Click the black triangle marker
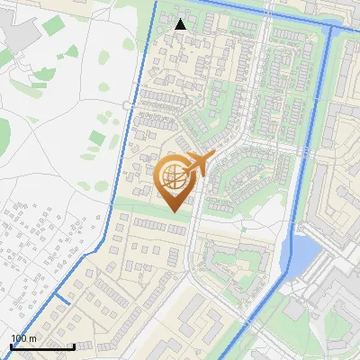coord(181,24)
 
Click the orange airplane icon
coord(199,164)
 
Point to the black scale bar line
coord(41,346)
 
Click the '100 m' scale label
coord(23,338)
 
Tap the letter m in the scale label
coord(33,338)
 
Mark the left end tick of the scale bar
coord(11,346)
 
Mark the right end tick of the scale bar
coord(73,346)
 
